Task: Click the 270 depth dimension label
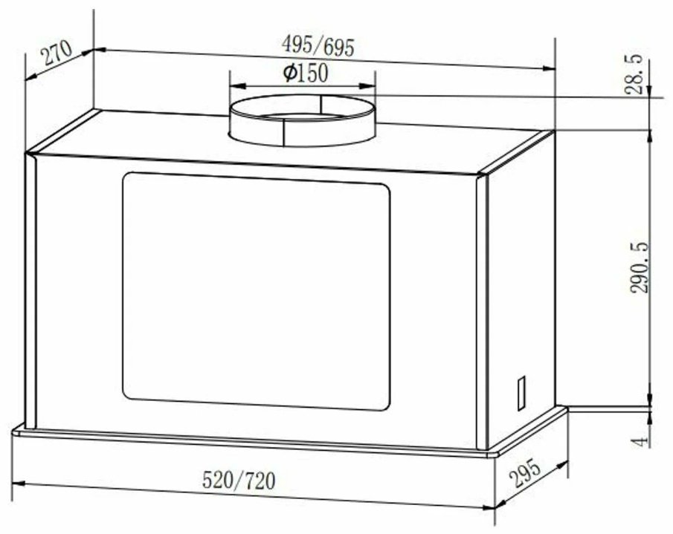tap(57, 51)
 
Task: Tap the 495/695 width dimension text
tap(318, 45)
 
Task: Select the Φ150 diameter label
tap(306, 73)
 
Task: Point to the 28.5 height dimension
tap(634, 74)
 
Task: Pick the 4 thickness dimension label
tap(640, 441)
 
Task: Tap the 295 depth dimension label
tap(524, 473)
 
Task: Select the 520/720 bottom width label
tap(239, 480)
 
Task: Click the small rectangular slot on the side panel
tap(521, 393)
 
